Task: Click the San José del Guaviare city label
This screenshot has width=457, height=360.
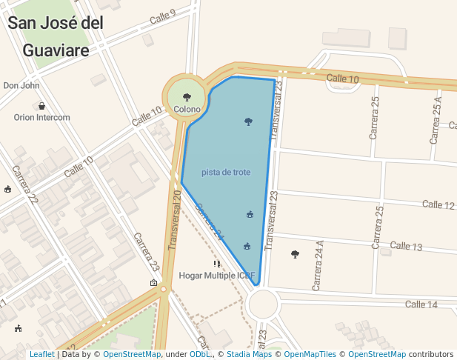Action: coord(56,36)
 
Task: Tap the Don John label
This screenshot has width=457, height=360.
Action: coord(21,86)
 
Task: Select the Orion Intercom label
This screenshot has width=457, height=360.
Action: coord(41,117)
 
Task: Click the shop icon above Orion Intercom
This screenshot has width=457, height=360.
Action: coord(41,106)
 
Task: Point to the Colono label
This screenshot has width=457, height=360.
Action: coord(187,110)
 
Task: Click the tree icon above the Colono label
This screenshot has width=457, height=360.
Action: coord(187,97)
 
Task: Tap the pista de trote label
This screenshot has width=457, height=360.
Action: coord(226,173)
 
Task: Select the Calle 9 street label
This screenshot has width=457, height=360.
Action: coord(162,16)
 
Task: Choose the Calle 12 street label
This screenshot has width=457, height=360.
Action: coord(438,204)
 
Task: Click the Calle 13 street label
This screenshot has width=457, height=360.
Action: coord(406,246)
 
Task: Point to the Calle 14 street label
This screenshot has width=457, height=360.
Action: coord(421,304)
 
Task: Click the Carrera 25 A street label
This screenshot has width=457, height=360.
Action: coord(436,120)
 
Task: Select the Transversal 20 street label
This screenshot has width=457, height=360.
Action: coord(175,219)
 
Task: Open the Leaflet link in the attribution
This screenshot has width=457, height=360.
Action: coord(41,355)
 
